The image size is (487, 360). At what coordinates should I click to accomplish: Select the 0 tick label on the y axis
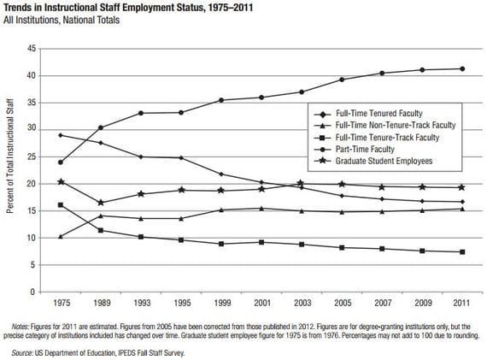point(32,292)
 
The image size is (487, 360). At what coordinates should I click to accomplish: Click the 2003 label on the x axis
point(300,304)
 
